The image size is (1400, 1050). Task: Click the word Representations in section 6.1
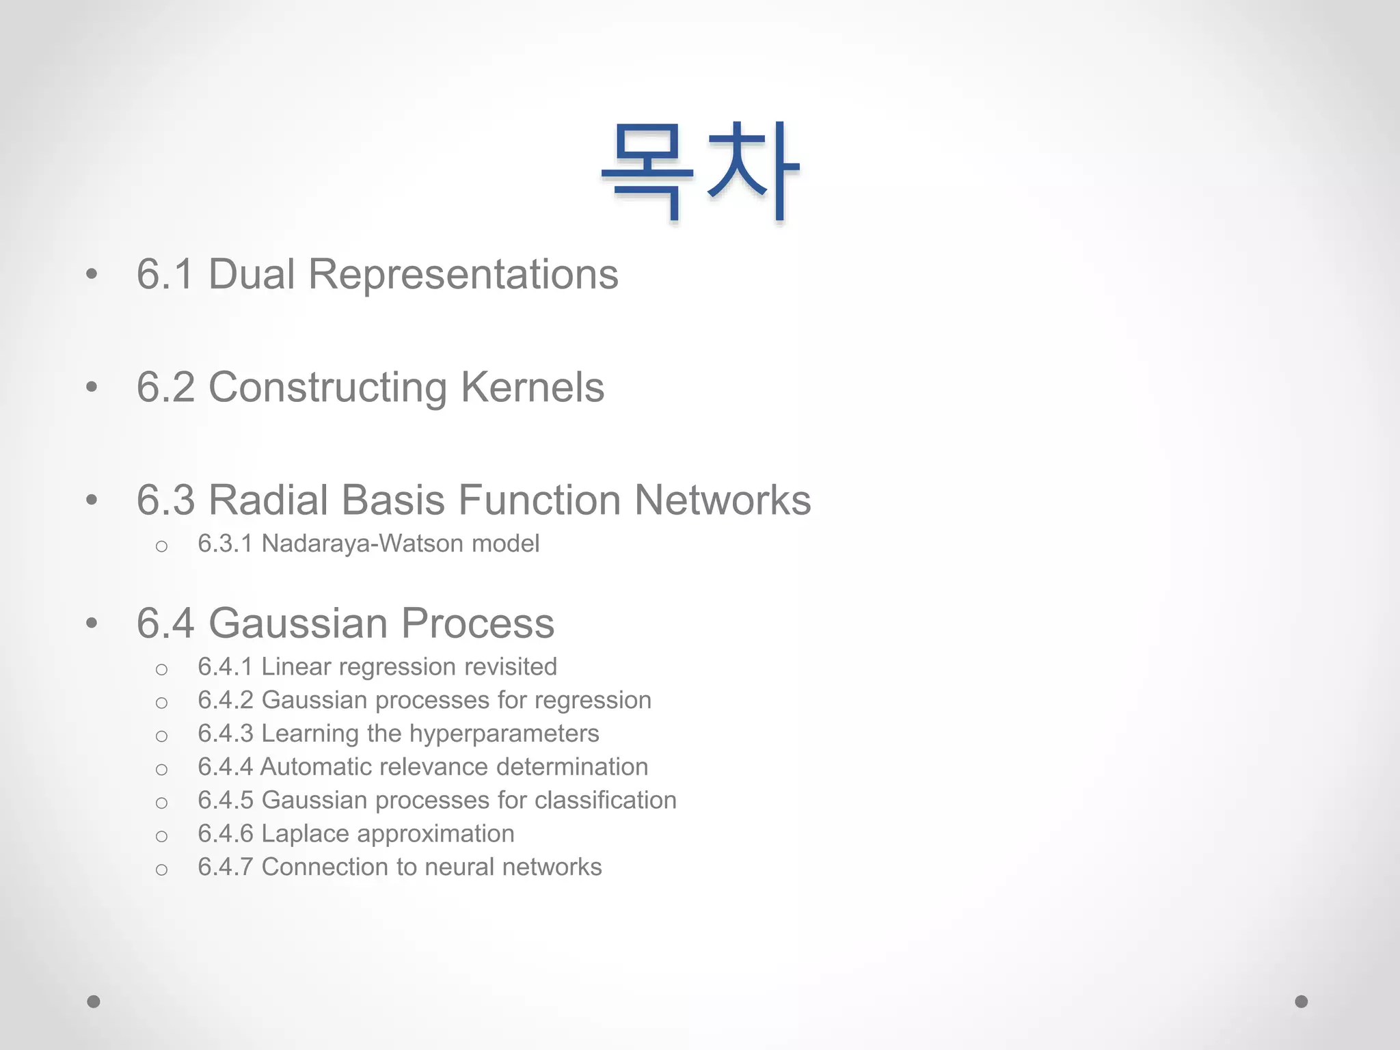[463, 274]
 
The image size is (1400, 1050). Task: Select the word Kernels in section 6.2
[533, 387]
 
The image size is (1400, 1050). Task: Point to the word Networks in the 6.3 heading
[722, 500]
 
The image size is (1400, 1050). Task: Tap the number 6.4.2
[226, 700]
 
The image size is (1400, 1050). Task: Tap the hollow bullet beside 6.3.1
[161, 546]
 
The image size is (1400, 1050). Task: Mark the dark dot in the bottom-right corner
[1302, 1001]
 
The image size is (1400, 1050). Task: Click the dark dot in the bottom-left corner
[94, 1001]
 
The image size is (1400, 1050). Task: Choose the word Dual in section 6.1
[251, 274]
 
